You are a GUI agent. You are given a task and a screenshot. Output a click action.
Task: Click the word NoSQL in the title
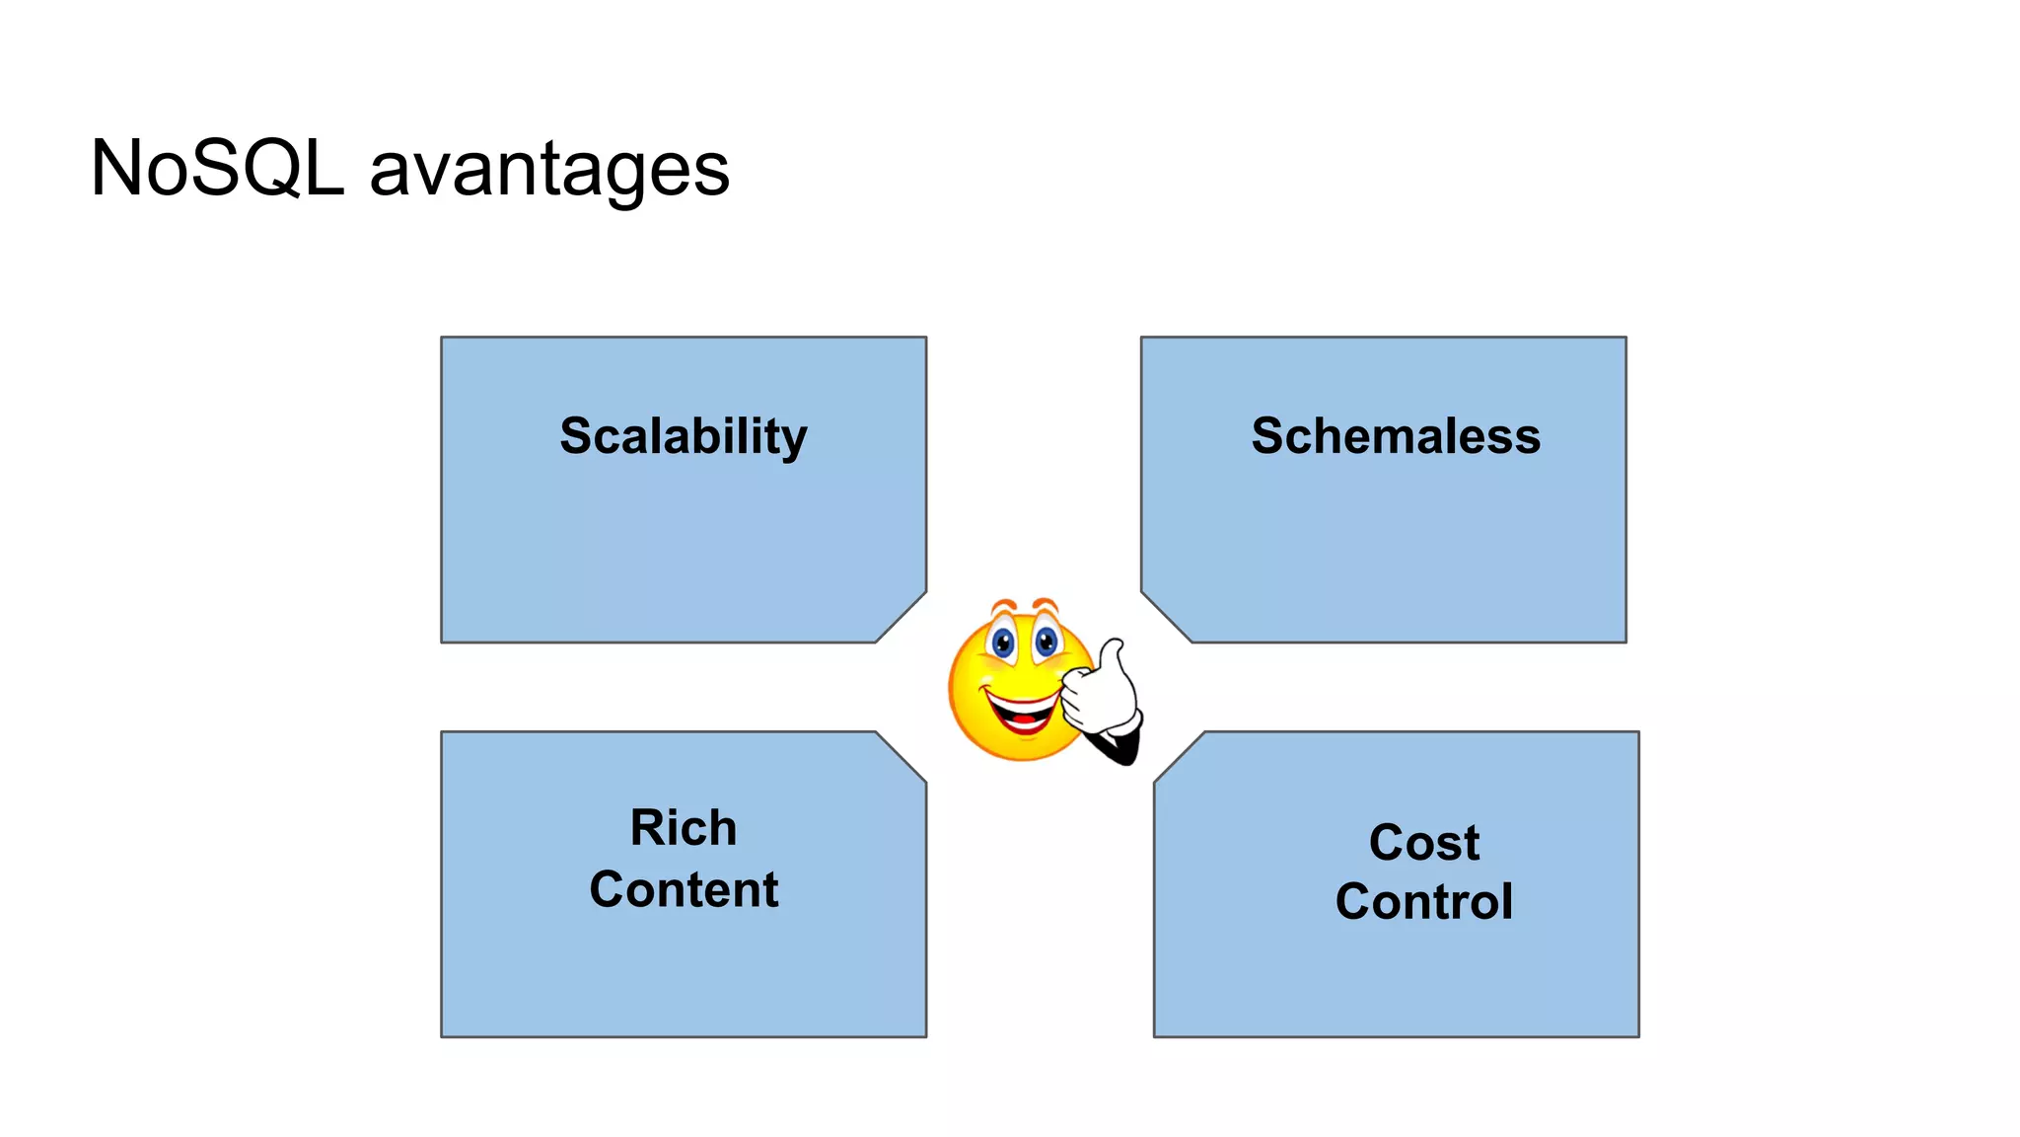[217, 168]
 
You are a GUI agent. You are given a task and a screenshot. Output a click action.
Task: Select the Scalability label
[684, 436]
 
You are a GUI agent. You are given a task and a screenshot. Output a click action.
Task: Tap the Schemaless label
[1395, 436]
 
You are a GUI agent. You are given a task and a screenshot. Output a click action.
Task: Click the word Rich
[684, 827]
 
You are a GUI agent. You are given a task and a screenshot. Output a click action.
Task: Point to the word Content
[684, 889]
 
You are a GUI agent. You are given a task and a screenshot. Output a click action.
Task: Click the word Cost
[1423, 843]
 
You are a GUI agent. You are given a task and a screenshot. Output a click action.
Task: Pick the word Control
[1423, 902]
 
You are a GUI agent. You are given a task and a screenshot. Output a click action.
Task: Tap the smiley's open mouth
[1022, 713]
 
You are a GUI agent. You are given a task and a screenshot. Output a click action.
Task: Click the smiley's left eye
[1003, 644]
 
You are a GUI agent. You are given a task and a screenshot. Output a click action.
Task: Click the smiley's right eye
[1046, 643]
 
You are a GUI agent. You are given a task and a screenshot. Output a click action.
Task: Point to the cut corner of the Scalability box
[902, 618]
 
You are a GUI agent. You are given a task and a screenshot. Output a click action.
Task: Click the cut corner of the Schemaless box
[1166, 618]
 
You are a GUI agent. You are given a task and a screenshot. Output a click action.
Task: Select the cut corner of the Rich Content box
[902, 757]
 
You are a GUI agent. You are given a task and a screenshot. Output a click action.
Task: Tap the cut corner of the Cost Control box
[1179, 757]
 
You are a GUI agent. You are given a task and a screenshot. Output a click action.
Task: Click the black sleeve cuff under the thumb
[1119, 745]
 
